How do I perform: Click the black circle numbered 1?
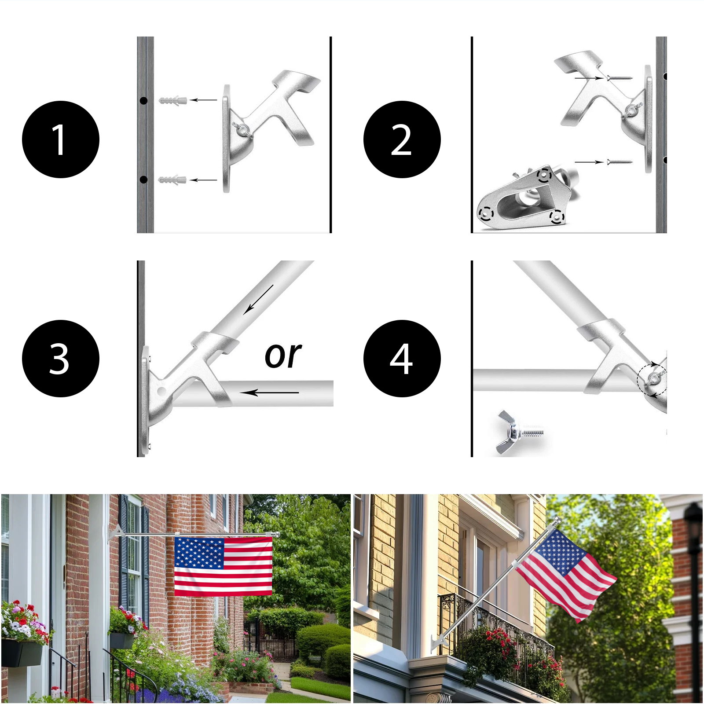61,139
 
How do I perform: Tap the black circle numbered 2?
402,139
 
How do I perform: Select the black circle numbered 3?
61,359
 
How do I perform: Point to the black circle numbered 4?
402,359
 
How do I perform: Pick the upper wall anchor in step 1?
173,100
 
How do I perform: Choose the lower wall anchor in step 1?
172,180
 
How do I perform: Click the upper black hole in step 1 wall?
143,101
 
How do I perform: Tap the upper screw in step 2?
620,78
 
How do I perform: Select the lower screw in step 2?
620,162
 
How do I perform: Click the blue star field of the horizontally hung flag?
199,553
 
